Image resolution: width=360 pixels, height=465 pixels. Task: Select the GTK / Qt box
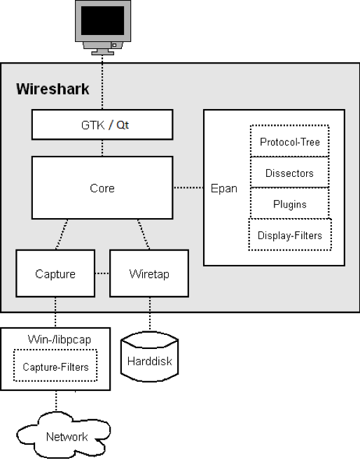coord(102,125)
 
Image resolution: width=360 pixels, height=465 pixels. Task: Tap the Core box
coord(102,188)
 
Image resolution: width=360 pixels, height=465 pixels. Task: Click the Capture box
coord(55,273)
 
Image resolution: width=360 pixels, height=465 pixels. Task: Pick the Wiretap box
coord(149,273)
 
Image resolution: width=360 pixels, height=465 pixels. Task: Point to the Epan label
coord(224,188)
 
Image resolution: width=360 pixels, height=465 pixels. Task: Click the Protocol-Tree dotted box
coord(290,142)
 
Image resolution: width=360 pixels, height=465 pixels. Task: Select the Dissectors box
coord(290,173)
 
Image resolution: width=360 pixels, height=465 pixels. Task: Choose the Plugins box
coord(290,204)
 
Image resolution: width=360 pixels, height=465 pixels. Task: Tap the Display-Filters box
coord(290,235)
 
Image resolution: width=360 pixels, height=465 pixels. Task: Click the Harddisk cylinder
coord(149,358)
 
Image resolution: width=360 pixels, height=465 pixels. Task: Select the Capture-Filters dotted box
coord(55,366)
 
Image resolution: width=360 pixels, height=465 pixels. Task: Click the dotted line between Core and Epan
coord(189,188)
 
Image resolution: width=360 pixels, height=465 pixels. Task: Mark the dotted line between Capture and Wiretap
coord(102,273)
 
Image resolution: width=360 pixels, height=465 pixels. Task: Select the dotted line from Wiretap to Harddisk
coord(149,313)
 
